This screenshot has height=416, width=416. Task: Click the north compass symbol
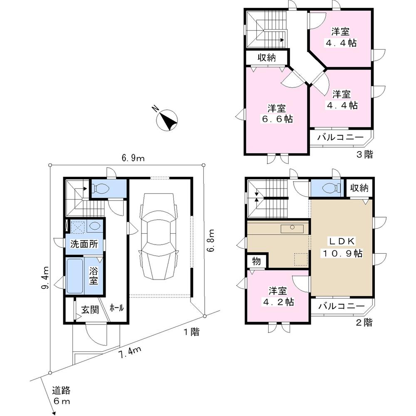click(x=167, y=120)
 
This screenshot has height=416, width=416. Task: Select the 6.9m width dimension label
click(x=133, y=158)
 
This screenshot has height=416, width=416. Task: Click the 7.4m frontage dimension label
click(x=129, y=355)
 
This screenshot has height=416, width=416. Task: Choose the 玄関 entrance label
click(x=89, y=310)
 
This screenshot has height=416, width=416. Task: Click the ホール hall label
click(x=116, y=308)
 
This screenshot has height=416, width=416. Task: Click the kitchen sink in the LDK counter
click(x=292, y=228)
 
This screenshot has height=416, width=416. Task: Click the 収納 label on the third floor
click(x=266, y=58)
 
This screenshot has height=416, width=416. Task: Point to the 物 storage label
click(x=256, y=261)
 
